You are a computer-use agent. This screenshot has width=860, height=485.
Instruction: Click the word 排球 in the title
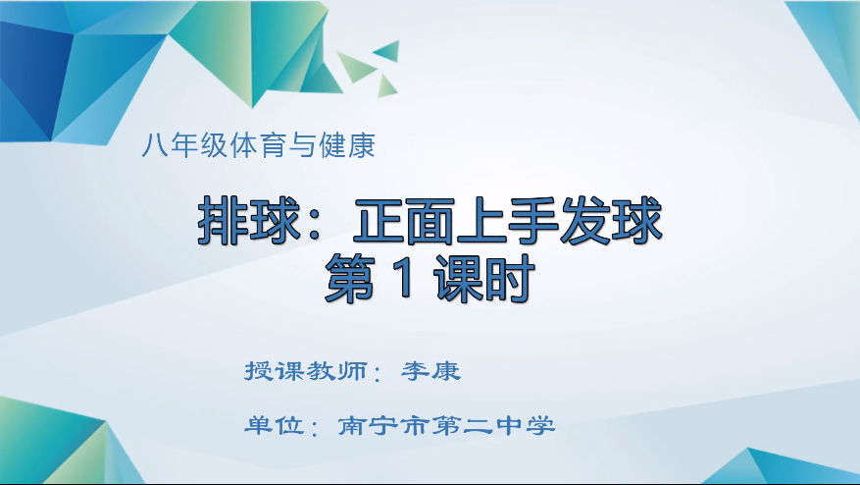point(244,221)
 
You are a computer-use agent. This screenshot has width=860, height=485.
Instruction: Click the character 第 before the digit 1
point(354,278)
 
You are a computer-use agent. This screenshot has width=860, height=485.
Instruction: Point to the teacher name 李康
point(430,372)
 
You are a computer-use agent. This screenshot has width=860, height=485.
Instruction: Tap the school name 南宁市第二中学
point(446,426)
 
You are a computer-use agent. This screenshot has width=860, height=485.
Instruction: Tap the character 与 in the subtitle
point(305,149)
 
